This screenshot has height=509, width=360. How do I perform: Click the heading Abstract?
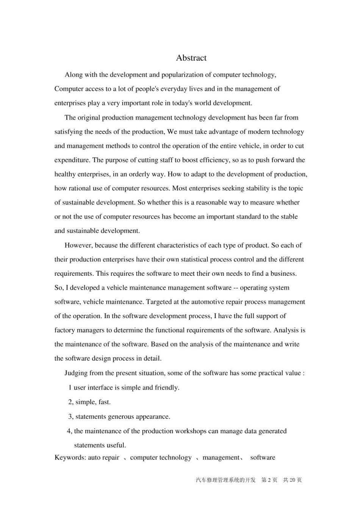[x=191, y=58]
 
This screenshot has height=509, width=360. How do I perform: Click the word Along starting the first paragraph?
[x=73, y=75]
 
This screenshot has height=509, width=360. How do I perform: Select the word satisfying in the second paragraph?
[x=69, y=132]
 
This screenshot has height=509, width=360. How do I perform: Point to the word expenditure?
[x=71, y=160]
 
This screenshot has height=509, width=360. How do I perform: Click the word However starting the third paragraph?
[x=78, y=245]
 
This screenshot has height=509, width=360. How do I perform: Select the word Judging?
[x=76, y=373]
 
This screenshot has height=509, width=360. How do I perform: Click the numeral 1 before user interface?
[x=70, y=388]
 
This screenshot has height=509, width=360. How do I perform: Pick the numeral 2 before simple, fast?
[x=70, y=402]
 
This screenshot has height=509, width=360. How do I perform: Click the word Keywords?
[x=70, y=457]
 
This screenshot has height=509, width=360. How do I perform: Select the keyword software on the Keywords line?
[x=263, y=457]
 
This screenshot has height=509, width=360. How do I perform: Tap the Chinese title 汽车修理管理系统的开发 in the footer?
[x=225, y=480]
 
